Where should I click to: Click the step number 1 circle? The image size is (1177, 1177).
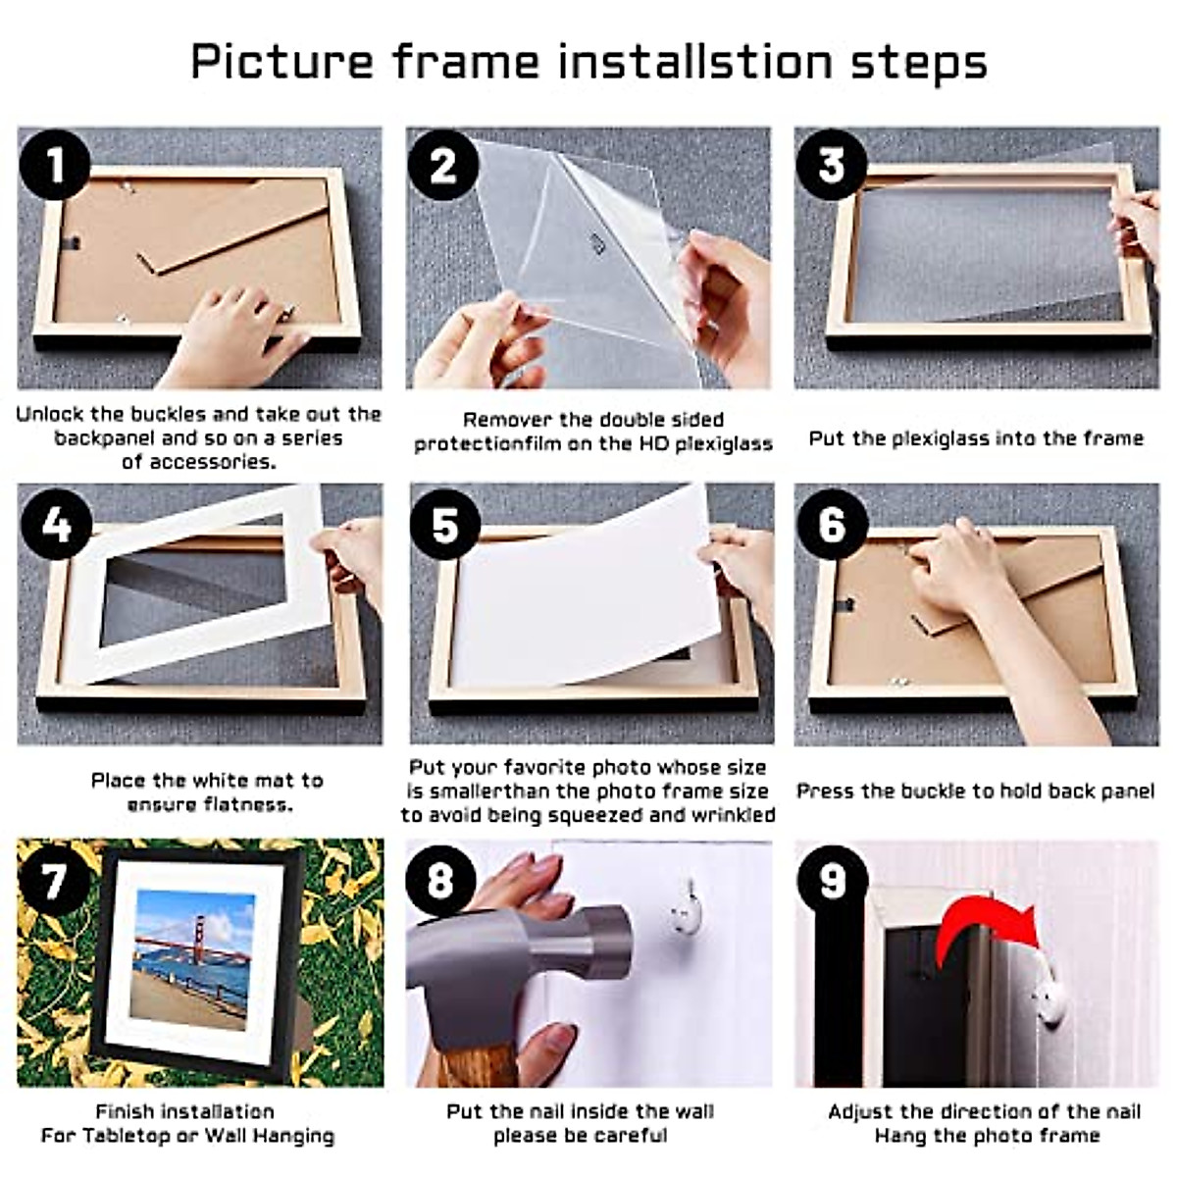pyautogui.click(x=55, y=163)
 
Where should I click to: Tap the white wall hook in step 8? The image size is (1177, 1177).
pyautogui.click(x=685, y=911)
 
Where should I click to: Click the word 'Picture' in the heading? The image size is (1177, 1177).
pyautogui.click(x=281, y=61)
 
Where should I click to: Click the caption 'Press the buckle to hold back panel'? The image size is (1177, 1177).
pyautogui.click(x=975, y=791)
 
